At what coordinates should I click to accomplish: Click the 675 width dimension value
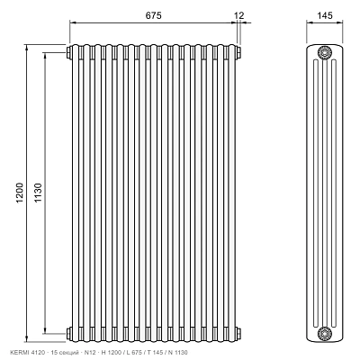153,15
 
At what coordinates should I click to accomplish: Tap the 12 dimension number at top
239,15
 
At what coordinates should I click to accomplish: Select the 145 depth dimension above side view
324,15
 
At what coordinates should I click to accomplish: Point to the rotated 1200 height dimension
20,193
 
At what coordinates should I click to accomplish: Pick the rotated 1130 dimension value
38,193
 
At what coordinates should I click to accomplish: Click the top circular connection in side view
324,53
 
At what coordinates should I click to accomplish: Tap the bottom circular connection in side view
324,333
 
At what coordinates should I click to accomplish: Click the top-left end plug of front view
68,52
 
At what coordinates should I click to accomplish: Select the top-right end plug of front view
238,52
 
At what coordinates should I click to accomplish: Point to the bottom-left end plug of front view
68,333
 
